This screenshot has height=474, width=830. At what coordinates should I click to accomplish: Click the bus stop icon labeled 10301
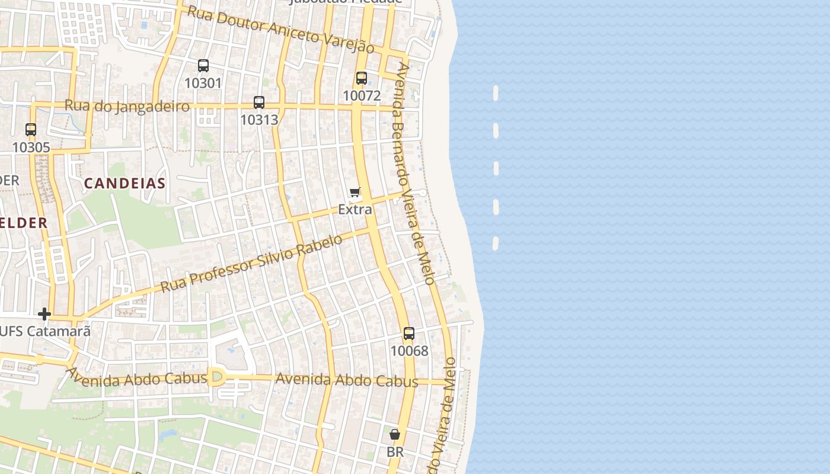203,66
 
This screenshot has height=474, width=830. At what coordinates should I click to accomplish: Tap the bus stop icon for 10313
259,103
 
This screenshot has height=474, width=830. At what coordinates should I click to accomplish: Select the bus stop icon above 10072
362,78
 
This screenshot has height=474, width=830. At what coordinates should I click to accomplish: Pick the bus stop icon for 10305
31,130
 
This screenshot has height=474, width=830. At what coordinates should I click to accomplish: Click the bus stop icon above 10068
409,334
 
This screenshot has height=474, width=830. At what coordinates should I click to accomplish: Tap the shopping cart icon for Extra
355,192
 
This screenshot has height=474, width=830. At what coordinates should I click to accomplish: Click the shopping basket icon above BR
395,435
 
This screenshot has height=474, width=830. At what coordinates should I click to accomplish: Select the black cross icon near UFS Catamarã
44,314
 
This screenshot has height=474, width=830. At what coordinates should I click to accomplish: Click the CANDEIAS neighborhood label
124,183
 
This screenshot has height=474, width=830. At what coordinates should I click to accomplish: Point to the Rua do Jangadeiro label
127,106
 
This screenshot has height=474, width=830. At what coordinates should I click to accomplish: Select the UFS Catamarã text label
45,331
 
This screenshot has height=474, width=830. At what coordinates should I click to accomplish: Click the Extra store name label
355,209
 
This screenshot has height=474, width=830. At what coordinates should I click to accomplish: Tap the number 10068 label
409,351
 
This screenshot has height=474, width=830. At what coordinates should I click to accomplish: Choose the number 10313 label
259,120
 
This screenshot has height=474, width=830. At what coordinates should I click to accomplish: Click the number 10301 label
203,83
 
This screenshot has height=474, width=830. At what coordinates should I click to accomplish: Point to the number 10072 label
362,95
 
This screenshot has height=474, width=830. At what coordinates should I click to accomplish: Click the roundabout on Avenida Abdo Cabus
216,377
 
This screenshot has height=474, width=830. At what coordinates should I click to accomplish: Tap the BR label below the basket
395,452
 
